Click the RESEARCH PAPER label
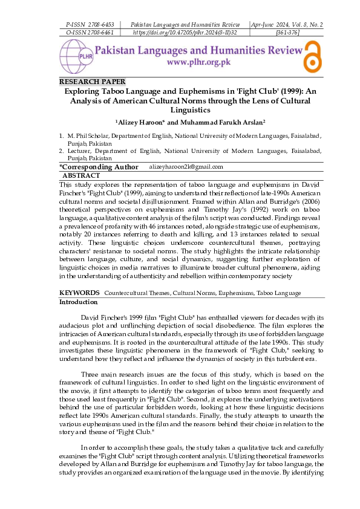(x=93, y=82)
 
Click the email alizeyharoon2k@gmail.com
(x=186, y=167)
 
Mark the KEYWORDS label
(x=79, y=293)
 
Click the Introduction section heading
(x=78, y=301)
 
